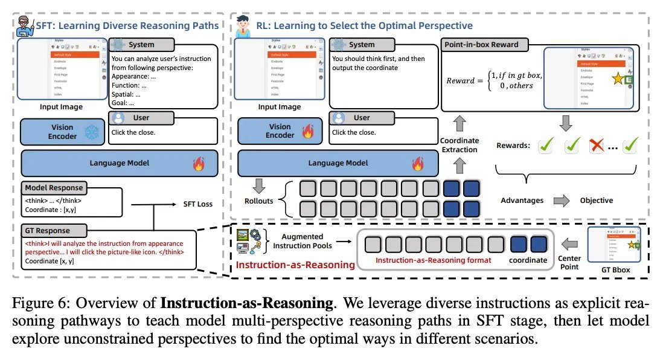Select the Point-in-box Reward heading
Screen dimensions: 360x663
481,45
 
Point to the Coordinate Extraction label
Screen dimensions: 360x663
460,145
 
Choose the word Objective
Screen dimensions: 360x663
597,200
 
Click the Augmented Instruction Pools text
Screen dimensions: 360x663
302,241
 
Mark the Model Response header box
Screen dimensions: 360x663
54,187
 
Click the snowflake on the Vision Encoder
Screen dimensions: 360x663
91,132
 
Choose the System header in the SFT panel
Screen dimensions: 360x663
141,45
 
